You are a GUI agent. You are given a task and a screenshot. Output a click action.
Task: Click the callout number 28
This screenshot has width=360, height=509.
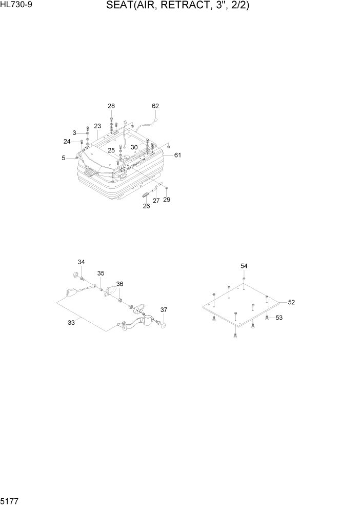point(111,106)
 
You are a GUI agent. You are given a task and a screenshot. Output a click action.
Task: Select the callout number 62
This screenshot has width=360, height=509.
point(155,106)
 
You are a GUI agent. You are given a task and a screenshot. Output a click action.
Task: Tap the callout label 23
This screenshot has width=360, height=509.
point(97,126)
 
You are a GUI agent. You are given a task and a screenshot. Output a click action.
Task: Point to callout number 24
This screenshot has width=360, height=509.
point(67,142)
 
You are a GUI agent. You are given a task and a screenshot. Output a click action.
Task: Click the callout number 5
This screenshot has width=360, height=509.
point(64,158)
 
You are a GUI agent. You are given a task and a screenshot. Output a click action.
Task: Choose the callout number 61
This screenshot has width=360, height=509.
point(177,155)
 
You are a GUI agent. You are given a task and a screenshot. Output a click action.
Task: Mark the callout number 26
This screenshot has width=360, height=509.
point(146,206)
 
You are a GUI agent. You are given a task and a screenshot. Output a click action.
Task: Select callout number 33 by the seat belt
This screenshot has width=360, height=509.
point(71,322)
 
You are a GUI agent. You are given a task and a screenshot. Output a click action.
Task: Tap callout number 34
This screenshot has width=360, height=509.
point(81,262)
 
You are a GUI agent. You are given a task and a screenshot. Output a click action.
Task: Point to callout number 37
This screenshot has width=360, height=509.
point(164,310)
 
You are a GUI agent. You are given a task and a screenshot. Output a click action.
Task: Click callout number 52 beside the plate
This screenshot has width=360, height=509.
point(291,302)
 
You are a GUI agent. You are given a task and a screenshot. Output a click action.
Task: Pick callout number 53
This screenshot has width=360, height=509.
point(279,318)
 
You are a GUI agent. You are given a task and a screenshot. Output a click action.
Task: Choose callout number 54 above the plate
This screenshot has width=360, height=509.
point(244,266)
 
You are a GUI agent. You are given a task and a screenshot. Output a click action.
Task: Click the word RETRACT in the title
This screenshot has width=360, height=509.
point(172,6)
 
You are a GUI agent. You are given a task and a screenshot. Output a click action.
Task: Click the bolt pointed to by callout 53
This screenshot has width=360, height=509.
point(267,318)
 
